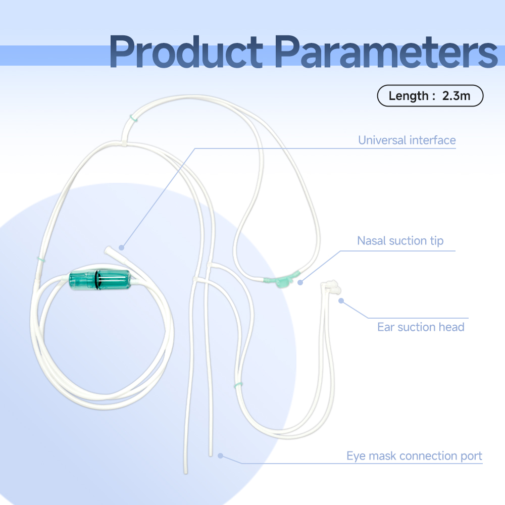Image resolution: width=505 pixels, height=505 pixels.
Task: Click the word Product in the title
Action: pos(186,52)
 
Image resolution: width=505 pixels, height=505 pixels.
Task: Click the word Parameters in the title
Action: pos(386,52)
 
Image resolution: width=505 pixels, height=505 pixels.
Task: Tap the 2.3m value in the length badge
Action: pos(456,95)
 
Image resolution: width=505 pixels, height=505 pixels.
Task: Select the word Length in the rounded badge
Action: pos(409,95)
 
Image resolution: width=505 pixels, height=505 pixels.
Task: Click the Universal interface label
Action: pos(407,140)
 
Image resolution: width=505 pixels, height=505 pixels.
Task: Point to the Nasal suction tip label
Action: pos(400,241)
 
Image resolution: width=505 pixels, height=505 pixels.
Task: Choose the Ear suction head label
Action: pos(421,327)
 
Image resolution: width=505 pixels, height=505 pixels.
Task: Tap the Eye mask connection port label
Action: pos(414,456)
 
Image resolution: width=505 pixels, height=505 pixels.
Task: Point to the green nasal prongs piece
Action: pos(282,280)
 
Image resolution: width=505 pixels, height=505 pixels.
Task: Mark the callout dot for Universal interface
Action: pos(121,247)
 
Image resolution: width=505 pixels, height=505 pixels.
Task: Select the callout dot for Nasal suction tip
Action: pos(300,282)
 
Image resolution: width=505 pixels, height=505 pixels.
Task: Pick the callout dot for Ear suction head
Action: pos(341,300)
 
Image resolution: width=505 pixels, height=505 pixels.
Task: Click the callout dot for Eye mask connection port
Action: pos(220,456)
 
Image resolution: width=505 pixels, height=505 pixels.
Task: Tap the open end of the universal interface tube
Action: pos(108,249)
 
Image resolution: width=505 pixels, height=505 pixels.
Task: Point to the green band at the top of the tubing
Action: pos(134,118)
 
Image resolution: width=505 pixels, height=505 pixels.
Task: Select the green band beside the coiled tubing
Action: pos(41,259)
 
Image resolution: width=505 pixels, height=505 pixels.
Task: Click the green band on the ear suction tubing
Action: pos(238,384)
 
